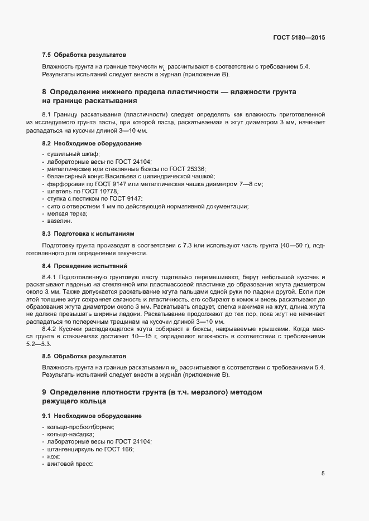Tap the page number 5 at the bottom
tap(323, 474)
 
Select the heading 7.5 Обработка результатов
tap(84, 55)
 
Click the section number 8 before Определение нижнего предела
tap(44, 91)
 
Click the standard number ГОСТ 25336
tap(161, 168)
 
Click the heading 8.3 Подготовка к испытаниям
tap(88, 233)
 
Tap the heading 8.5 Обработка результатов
tap(84, 355)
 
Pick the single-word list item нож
tap(54, 457)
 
